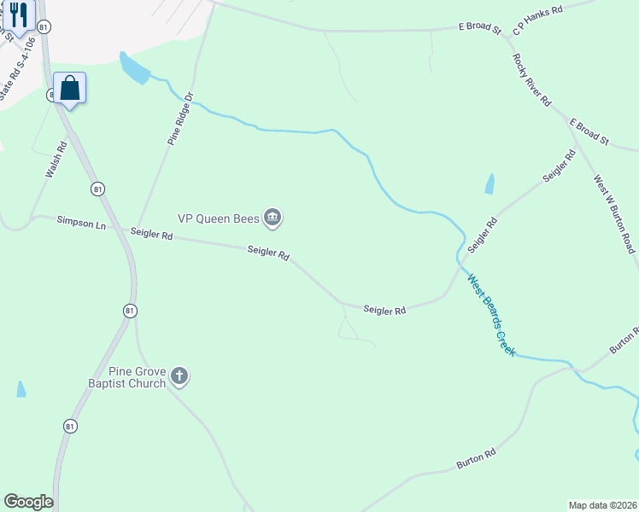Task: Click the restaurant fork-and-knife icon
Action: click(x=17, y=15)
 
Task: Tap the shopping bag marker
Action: click(x=69, y=88)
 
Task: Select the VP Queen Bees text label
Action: click(x=217, y=218)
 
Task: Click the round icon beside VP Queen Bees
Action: click(x=273, y=218)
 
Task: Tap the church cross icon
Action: click(x=179, y=375)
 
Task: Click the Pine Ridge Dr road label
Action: click(x=180, y=119)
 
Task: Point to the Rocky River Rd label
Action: click(x=531, y=79)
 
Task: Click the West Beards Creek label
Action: click(x=490, y=315)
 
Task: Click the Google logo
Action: click(x=28, y=502)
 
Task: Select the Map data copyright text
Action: click(x=602, y=505)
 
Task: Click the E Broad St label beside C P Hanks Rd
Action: click(x=479, y=28)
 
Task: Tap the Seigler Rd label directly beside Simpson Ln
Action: click(x=151, y=234)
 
